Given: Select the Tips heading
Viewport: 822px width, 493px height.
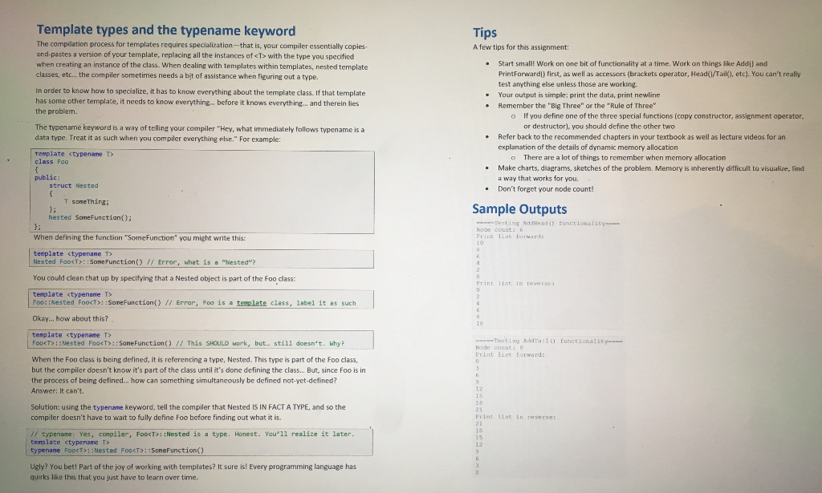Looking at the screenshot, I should tap(485, 33).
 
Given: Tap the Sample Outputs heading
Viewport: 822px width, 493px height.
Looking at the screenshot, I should tap(519, 209).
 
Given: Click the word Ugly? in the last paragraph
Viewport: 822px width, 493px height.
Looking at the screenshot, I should tap(44, 466).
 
